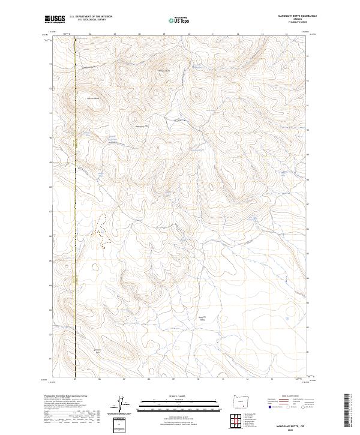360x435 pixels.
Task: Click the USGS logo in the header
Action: click(54, 19)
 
